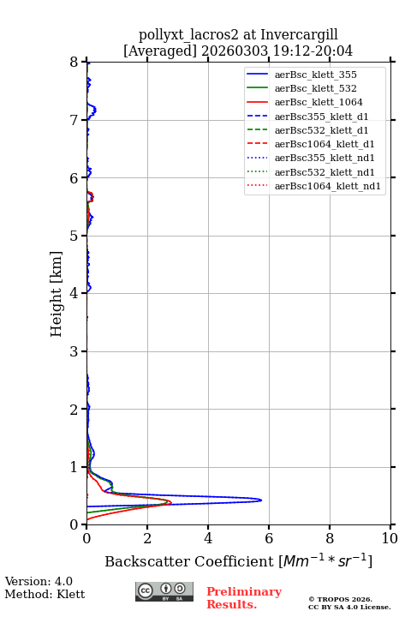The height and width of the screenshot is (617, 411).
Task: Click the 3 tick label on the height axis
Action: (74, 351)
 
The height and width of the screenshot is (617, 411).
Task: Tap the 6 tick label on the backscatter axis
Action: (269, 538)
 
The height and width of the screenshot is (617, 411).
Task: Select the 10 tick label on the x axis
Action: (390, 538)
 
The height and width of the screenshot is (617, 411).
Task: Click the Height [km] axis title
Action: (57, 294)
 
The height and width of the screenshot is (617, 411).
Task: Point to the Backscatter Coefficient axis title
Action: (238, 561)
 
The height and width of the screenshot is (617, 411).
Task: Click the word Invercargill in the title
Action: (299, 35)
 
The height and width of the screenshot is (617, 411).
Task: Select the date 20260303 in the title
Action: (235, 51)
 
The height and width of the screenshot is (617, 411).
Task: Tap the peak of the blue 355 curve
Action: (261, 500)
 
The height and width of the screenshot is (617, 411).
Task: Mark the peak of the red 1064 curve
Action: (171, 502)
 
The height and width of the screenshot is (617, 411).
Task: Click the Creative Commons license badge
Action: (164, 591)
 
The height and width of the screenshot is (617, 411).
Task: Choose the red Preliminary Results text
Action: (244, 598)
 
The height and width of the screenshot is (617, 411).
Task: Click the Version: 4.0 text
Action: (39, 582)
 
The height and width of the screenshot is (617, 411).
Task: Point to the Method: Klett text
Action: (45, 594)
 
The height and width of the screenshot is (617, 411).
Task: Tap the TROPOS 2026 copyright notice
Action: (341, 599)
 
